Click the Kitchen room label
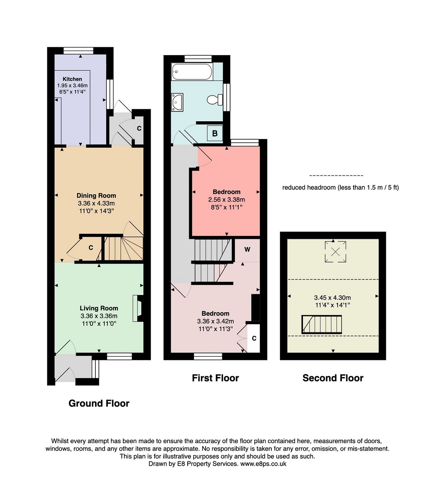72,79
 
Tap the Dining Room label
97,196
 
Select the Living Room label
99,308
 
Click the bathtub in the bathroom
192,72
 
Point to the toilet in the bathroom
215,100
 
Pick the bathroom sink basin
177,102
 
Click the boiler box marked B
215,133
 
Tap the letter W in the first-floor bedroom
247,250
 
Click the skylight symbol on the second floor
335,252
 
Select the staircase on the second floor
322,325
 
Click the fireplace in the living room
138,308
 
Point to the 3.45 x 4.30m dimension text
333,297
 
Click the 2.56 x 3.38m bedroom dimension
226,199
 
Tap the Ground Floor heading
99,403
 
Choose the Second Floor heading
333,378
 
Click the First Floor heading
215,378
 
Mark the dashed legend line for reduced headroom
336,176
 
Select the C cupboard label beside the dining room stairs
91,248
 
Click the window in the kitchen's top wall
78,51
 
